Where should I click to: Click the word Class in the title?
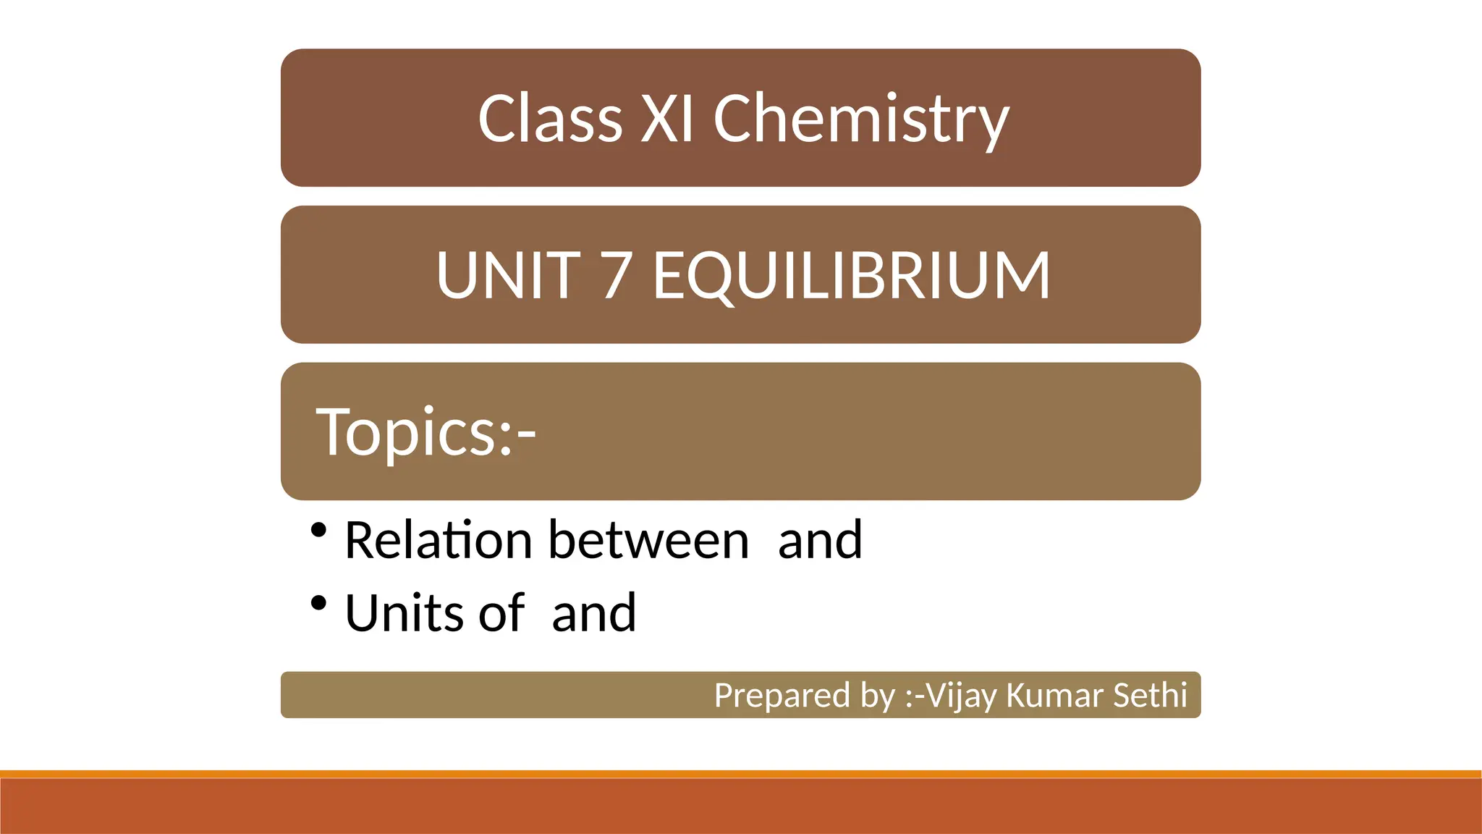pos(550,119)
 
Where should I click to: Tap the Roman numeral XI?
pos(667,119)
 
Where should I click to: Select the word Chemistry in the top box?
pos(860,120)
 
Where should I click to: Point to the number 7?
pos(616,275)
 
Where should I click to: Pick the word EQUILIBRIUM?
pos(851,275)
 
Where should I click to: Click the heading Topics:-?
pos(425,432)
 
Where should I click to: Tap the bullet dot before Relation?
pos(318,531)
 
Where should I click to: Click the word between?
pos(648,540)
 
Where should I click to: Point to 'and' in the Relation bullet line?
pos(820,540)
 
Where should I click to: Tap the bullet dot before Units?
pos(318,602)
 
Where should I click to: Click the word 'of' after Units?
pos(501,613)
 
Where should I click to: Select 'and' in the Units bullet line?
pos(593,613)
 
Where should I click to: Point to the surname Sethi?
pos(1150,695)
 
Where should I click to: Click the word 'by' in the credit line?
pos(878,695)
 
